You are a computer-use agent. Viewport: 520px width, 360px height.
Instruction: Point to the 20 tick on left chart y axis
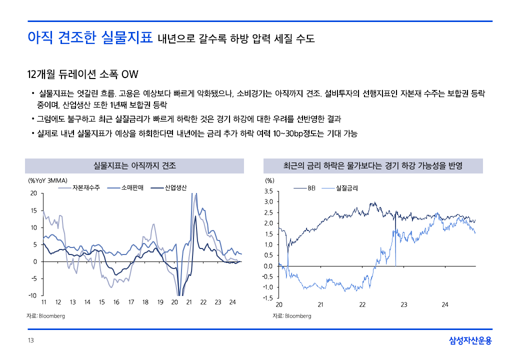(33, 193)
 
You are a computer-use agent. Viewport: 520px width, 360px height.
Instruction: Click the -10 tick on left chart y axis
(33, 295)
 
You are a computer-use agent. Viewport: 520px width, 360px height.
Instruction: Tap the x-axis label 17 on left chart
(131, 302)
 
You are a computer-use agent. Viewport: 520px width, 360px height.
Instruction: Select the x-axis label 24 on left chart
(232, 302)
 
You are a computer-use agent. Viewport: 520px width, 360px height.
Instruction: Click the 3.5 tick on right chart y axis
(268, 191)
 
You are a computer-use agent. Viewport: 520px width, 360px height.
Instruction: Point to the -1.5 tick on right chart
(267, 298)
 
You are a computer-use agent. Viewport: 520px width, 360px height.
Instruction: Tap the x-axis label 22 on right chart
(362, 305)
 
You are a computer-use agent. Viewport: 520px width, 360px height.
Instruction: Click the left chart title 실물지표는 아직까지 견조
(134, 165)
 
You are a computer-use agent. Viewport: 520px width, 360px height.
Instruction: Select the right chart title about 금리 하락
(372, 165)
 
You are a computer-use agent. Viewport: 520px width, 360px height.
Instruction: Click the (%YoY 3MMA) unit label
(47, 180)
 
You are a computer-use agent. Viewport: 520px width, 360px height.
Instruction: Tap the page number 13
(30, 341)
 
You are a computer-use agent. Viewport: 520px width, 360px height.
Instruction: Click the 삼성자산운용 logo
(470, 341)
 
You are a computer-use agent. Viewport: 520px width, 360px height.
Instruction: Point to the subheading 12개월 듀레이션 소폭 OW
(82, 74)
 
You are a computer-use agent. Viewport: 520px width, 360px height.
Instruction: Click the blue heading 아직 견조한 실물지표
(90, 37)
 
